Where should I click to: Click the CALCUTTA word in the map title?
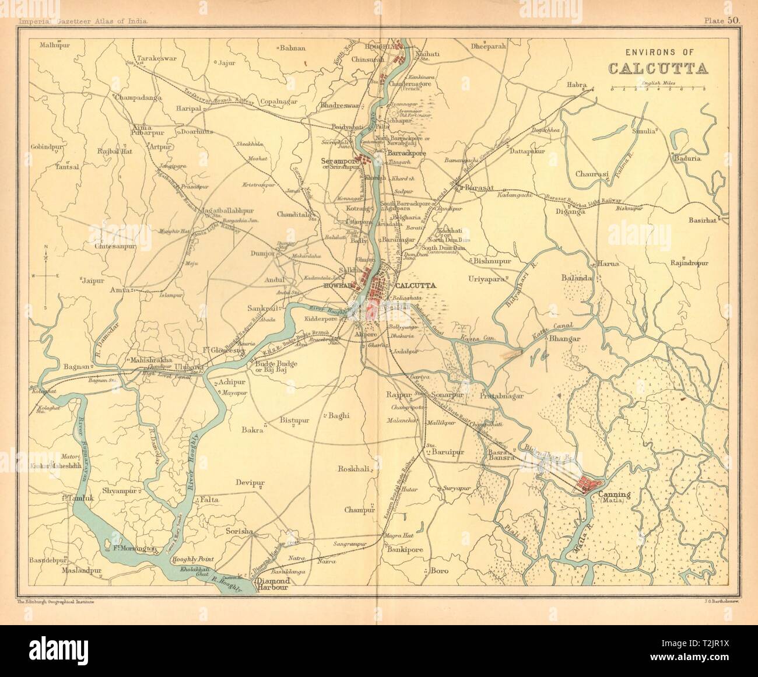click(x=659, y=68)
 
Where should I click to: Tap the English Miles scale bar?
click(x=658, y=89)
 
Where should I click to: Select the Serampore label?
click(x=338, y=160)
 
